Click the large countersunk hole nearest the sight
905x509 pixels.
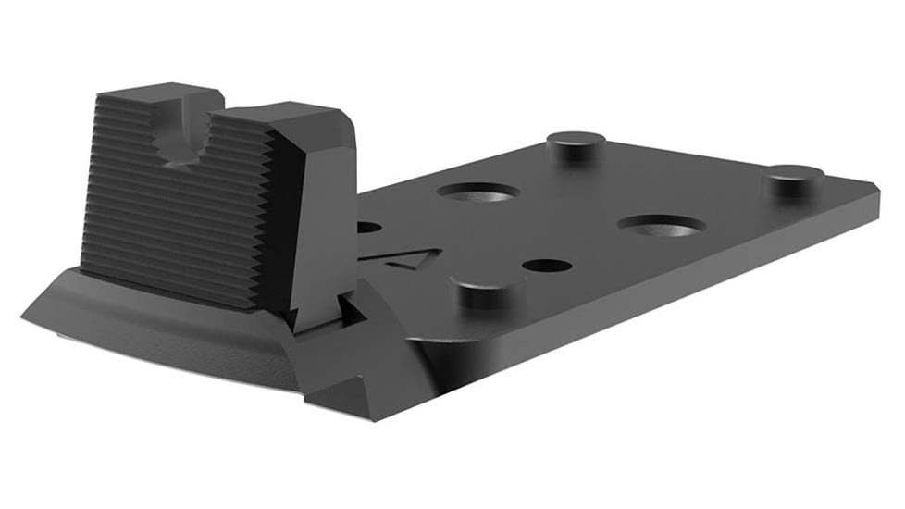[x=477, y=192]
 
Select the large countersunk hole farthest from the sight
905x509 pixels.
[x=661, y=224]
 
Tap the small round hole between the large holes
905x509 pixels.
[x=546, y=266]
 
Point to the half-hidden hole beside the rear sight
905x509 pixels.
[x=368, y=227]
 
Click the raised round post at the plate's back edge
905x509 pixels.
[x=575, y=143]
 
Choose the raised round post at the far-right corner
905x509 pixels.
[x=793, y=178]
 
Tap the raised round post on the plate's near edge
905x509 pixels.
[x=488, y=290]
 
